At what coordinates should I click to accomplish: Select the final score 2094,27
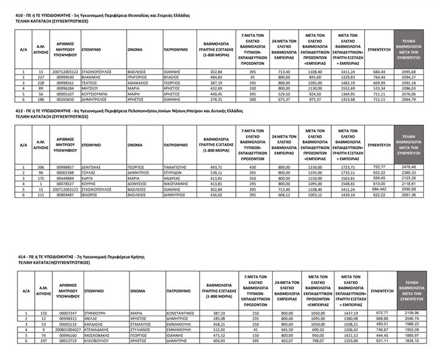(409, 77)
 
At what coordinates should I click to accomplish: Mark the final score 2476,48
(409, 167)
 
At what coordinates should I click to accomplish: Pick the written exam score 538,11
(215, 173)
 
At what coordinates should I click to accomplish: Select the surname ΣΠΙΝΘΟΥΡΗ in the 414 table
(98, 313)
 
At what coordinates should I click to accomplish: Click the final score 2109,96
(411, 313)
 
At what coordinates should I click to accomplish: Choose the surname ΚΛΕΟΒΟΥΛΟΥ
(98, 340)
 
